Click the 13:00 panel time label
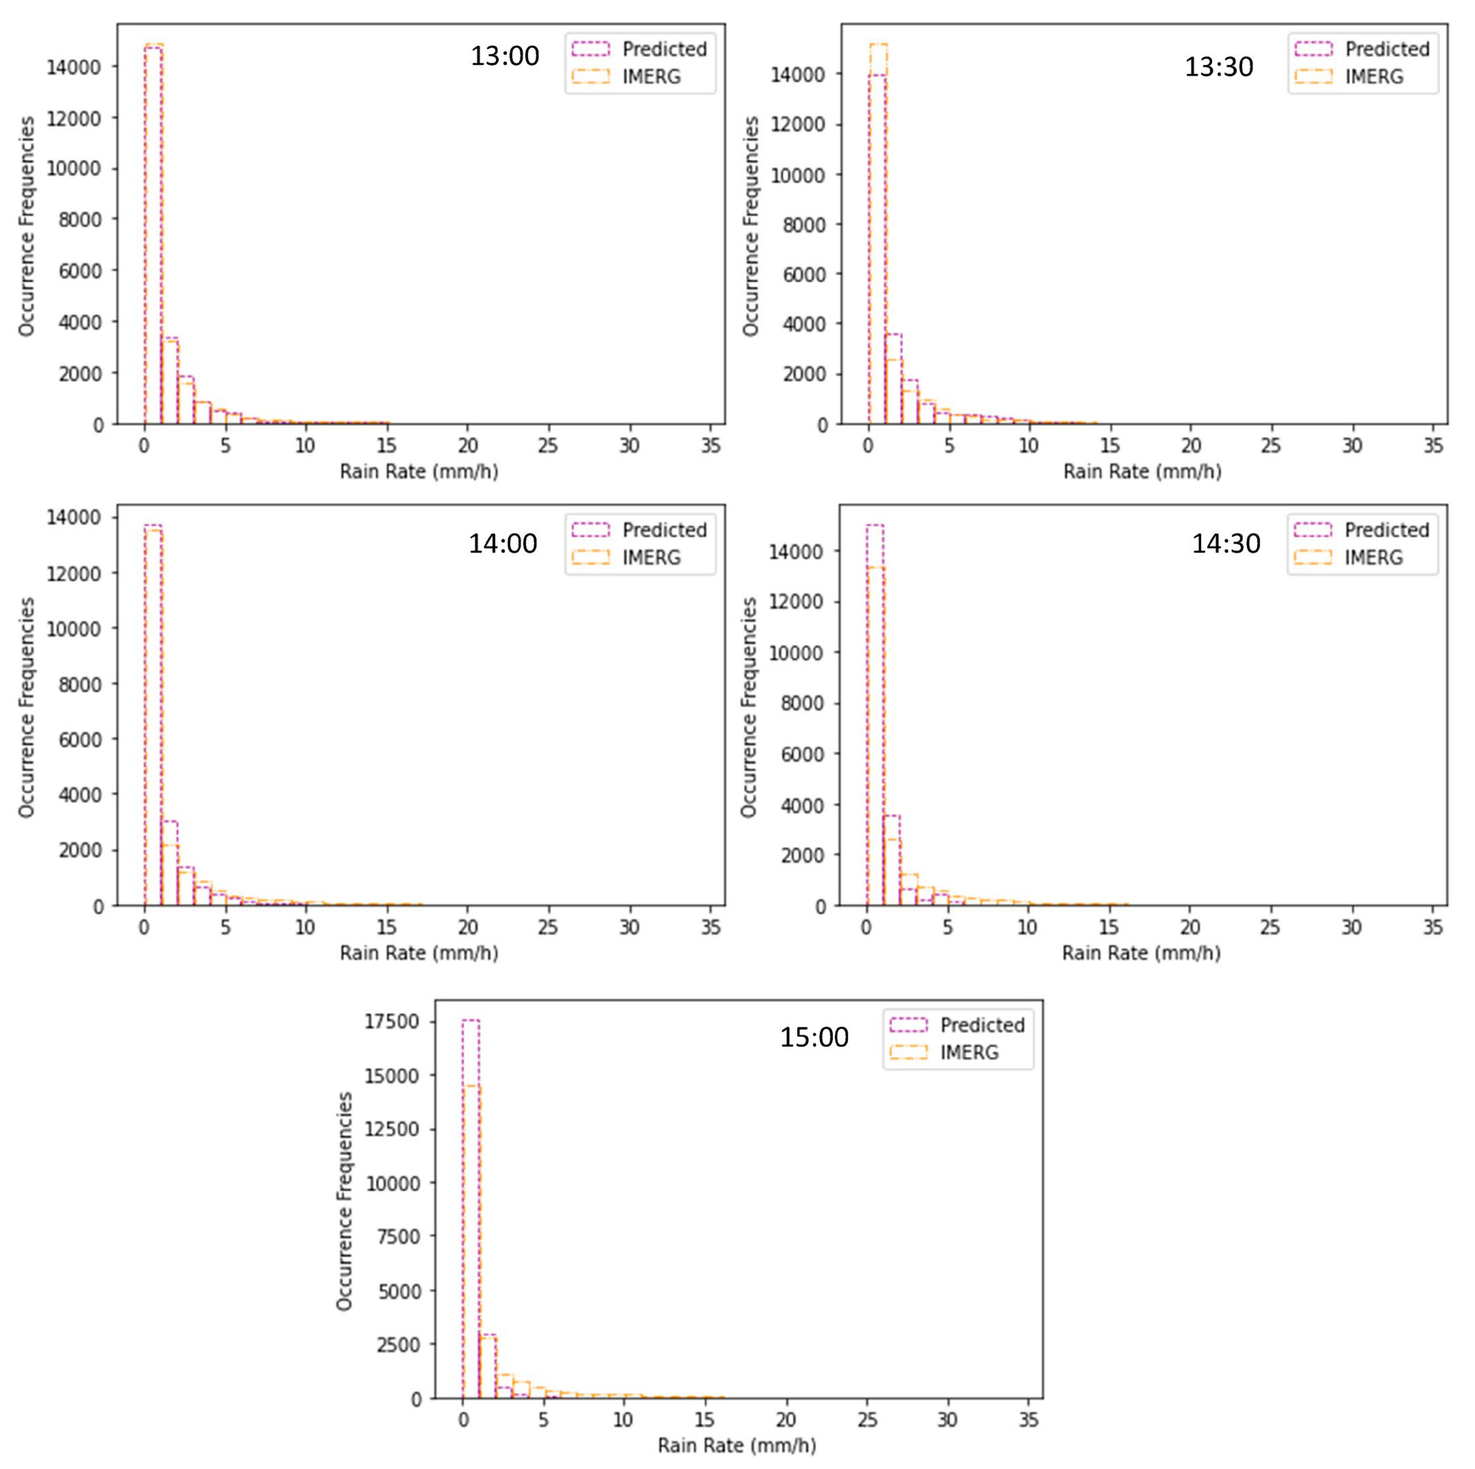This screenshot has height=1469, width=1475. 505,56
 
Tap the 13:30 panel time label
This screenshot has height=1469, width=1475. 1218,67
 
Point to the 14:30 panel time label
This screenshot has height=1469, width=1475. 1226,544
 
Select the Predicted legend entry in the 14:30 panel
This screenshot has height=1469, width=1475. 1387,530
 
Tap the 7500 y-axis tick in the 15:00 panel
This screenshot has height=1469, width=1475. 398,1237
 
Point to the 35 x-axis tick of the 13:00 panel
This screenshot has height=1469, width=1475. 711,445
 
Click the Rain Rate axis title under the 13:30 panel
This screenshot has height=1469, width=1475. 1142,472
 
